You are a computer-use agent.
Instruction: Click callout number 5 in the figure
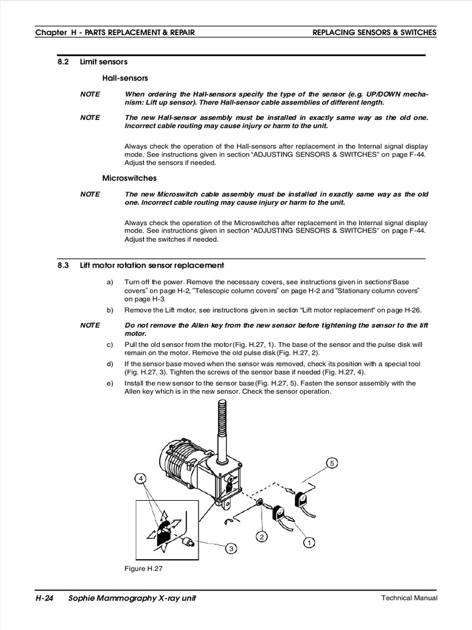pos(332,463)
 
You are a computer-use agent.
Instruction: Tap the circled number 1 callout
pos(309,543)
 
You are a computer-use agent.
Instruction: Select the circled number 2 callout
pos(262,536)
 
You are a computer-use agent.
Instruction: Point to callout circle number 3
pos(231,548)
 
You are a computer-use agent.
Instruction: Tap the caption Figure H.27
pos(143,568)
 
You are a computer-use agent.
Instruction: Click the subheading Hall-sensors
pos(125,78)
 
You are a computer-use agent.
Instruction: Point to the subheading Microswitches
pos(129,178)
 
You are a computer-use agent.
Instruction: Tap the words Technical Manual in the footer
pos(408,598)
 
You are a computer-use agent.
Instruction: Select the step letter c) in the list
pos(110,345)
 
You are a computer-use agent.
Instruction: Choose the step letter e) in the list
pos(110,383)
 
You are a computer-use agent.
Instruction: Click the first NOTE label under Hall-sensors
pos(90,94)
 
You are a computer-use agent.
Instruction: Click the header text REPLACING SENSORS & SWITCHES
pos(374,32)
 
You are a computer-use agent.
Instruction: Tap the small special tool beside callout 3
pos(190,542)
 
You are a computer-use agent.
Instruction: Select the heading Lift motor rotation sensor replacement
pos(152,265)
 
